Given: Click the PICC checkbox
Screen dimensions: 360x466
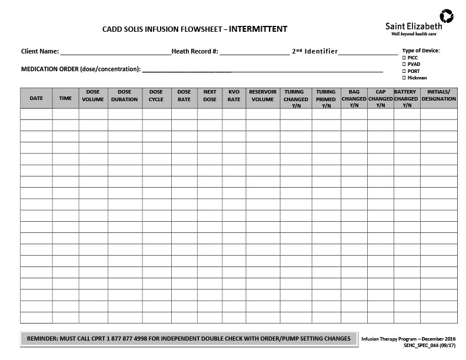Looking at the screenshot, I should pyautogui.click(x=404, y=58).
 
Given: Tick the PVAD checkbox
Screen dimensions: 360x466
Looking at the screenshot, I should pyautogui.click(x=404, y=64).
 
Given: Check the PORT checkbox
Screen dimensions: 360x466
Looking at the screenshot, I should pyautogui.click(x=404, y=71).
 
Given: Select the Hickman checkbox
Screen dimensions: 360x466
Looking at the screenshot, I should pyautogui.click(x=404, y=78).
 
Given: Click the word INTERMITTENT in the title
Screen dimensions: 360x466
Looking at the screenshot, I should pyautogui.click(x=258, y=28).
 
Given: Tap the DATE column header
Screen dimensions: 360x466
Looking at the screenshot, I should pyautogui.click(x=36, y=98).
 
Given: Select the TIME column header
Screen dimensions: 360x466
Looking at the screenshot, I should pyautogui.click(x=65, y=98).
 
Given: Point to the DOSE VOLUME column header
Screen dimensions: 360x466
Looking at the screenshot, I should pyautogui.click(x=93, y=96).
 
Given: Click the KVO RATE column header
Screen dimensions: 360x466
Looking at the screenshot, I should pyautogui.click(x=234, y=96).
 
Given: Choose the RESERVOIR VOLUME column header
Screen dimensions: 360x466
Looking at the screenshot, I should pyautogui.click(x=263, y=96).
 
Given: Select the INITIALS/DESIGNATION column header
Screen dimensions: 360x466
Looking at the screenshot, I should pyautogui.click(x=438, y=96).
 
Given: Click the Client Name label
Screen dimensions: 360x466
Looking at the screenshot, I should pyautogui.click(x=40, y=51).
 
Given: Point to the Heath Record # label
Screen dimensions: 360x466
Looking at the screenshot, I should pyautogui.click(x=195, y=51).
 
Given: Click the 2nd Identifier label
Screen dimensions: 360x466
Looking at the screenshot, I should pyautogui.click(x=315, y=51).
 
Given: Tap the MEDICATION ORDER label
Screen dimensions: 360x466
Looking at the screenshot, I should pyautogui.click(x=81, y=69).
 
